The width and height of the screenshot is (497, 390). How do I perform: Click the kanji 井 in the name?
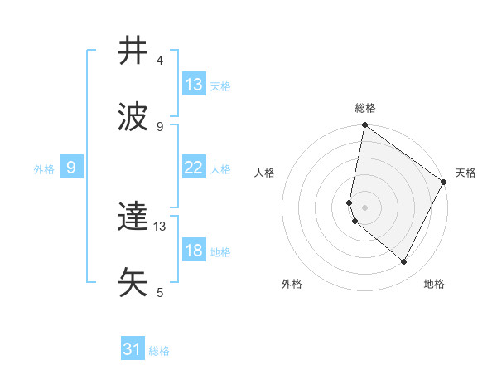click(x=133, y=51)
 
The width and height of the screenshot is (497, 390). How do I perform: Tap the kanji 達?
click(x=133, y=217)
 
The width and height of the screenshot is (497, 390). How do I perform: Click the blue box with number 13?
click(x=194, y=85)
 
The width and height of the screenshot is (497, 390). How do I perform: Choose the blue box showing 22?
click(x=194, y=168)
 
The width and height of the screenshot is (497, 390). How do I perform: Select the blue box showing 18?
click(x=194, y=251)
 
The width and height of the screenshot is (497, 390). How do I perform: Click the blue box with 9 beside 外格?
click(x=71, y=168)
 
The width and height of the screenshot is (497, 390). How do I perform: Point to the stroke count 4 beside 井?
click(x=160, y=61)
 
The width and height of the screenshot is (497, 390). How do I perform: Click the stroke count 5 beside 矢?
click(x=160, y=293)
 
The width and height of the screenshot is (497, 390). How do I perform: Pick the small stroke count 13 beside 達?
click(x=160, y=226)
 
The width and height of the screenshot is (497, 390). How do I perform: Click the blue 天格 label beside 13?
click(x=220, y=85)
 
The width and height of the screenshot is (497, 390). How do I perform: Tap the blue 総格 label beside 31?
click(x=160, y=351)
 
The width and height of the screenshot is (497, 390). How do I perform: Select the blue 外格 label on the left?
click(x=44, y=168)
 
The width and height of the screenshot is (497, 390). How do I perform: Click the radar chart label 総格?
click(x=365, y=108)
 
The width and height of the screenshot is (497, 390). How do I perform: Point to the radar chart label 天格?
click(x=466, y=173)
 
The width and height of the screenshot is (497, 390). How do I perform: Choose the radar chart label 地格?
click(x=434, y=284)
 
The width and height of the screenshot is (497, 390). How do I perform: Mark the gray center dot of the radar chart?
click(x=365, y=207)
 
